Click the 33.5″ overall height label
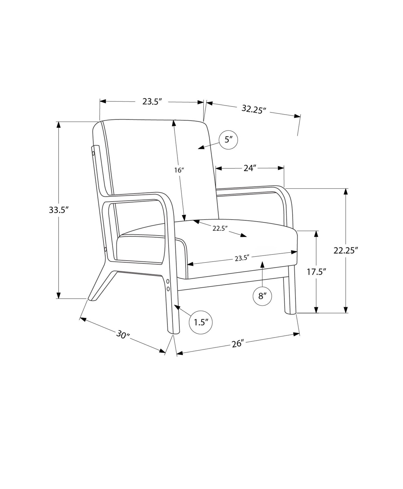[59, 210]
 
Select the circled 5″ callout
[228, 140]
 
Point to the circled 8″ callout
[262, 296]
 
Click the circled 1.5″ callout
[201, 322]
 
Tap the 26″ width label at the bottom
[238, 343]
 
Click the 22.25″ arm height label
[346, 250]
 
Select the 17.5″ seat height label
[317, 272]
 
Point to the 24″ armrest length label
[250, 168]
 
